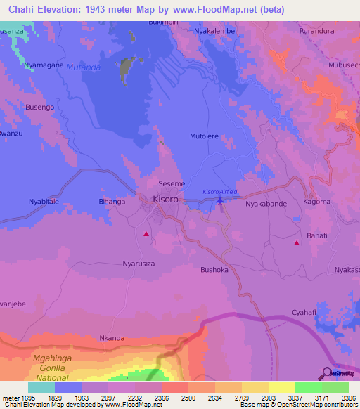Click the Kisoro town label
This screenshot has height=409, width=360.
pos(166,200)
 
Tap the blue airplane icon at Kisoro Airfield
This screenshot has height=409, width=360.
pos(221,202)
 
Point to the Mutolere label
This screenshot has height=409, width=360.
pos(205,136)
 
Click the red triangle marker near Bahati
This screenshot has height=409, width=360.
pos(297,243)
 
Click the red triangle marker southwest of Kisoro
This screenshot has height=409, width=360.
pos(146,233)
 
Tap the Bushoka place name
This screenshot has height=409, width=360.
pos(215,269)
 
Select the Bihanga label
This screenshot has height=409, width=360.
pos(112,202)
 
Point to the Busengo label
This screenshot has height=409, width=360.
pos(39,107)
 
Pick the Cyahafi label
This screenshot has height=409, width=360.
pos(306,312)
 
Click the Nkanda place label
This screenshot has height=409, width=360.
pos(112,338)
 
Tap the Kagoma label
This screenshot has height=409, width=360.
pos(316,202)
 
